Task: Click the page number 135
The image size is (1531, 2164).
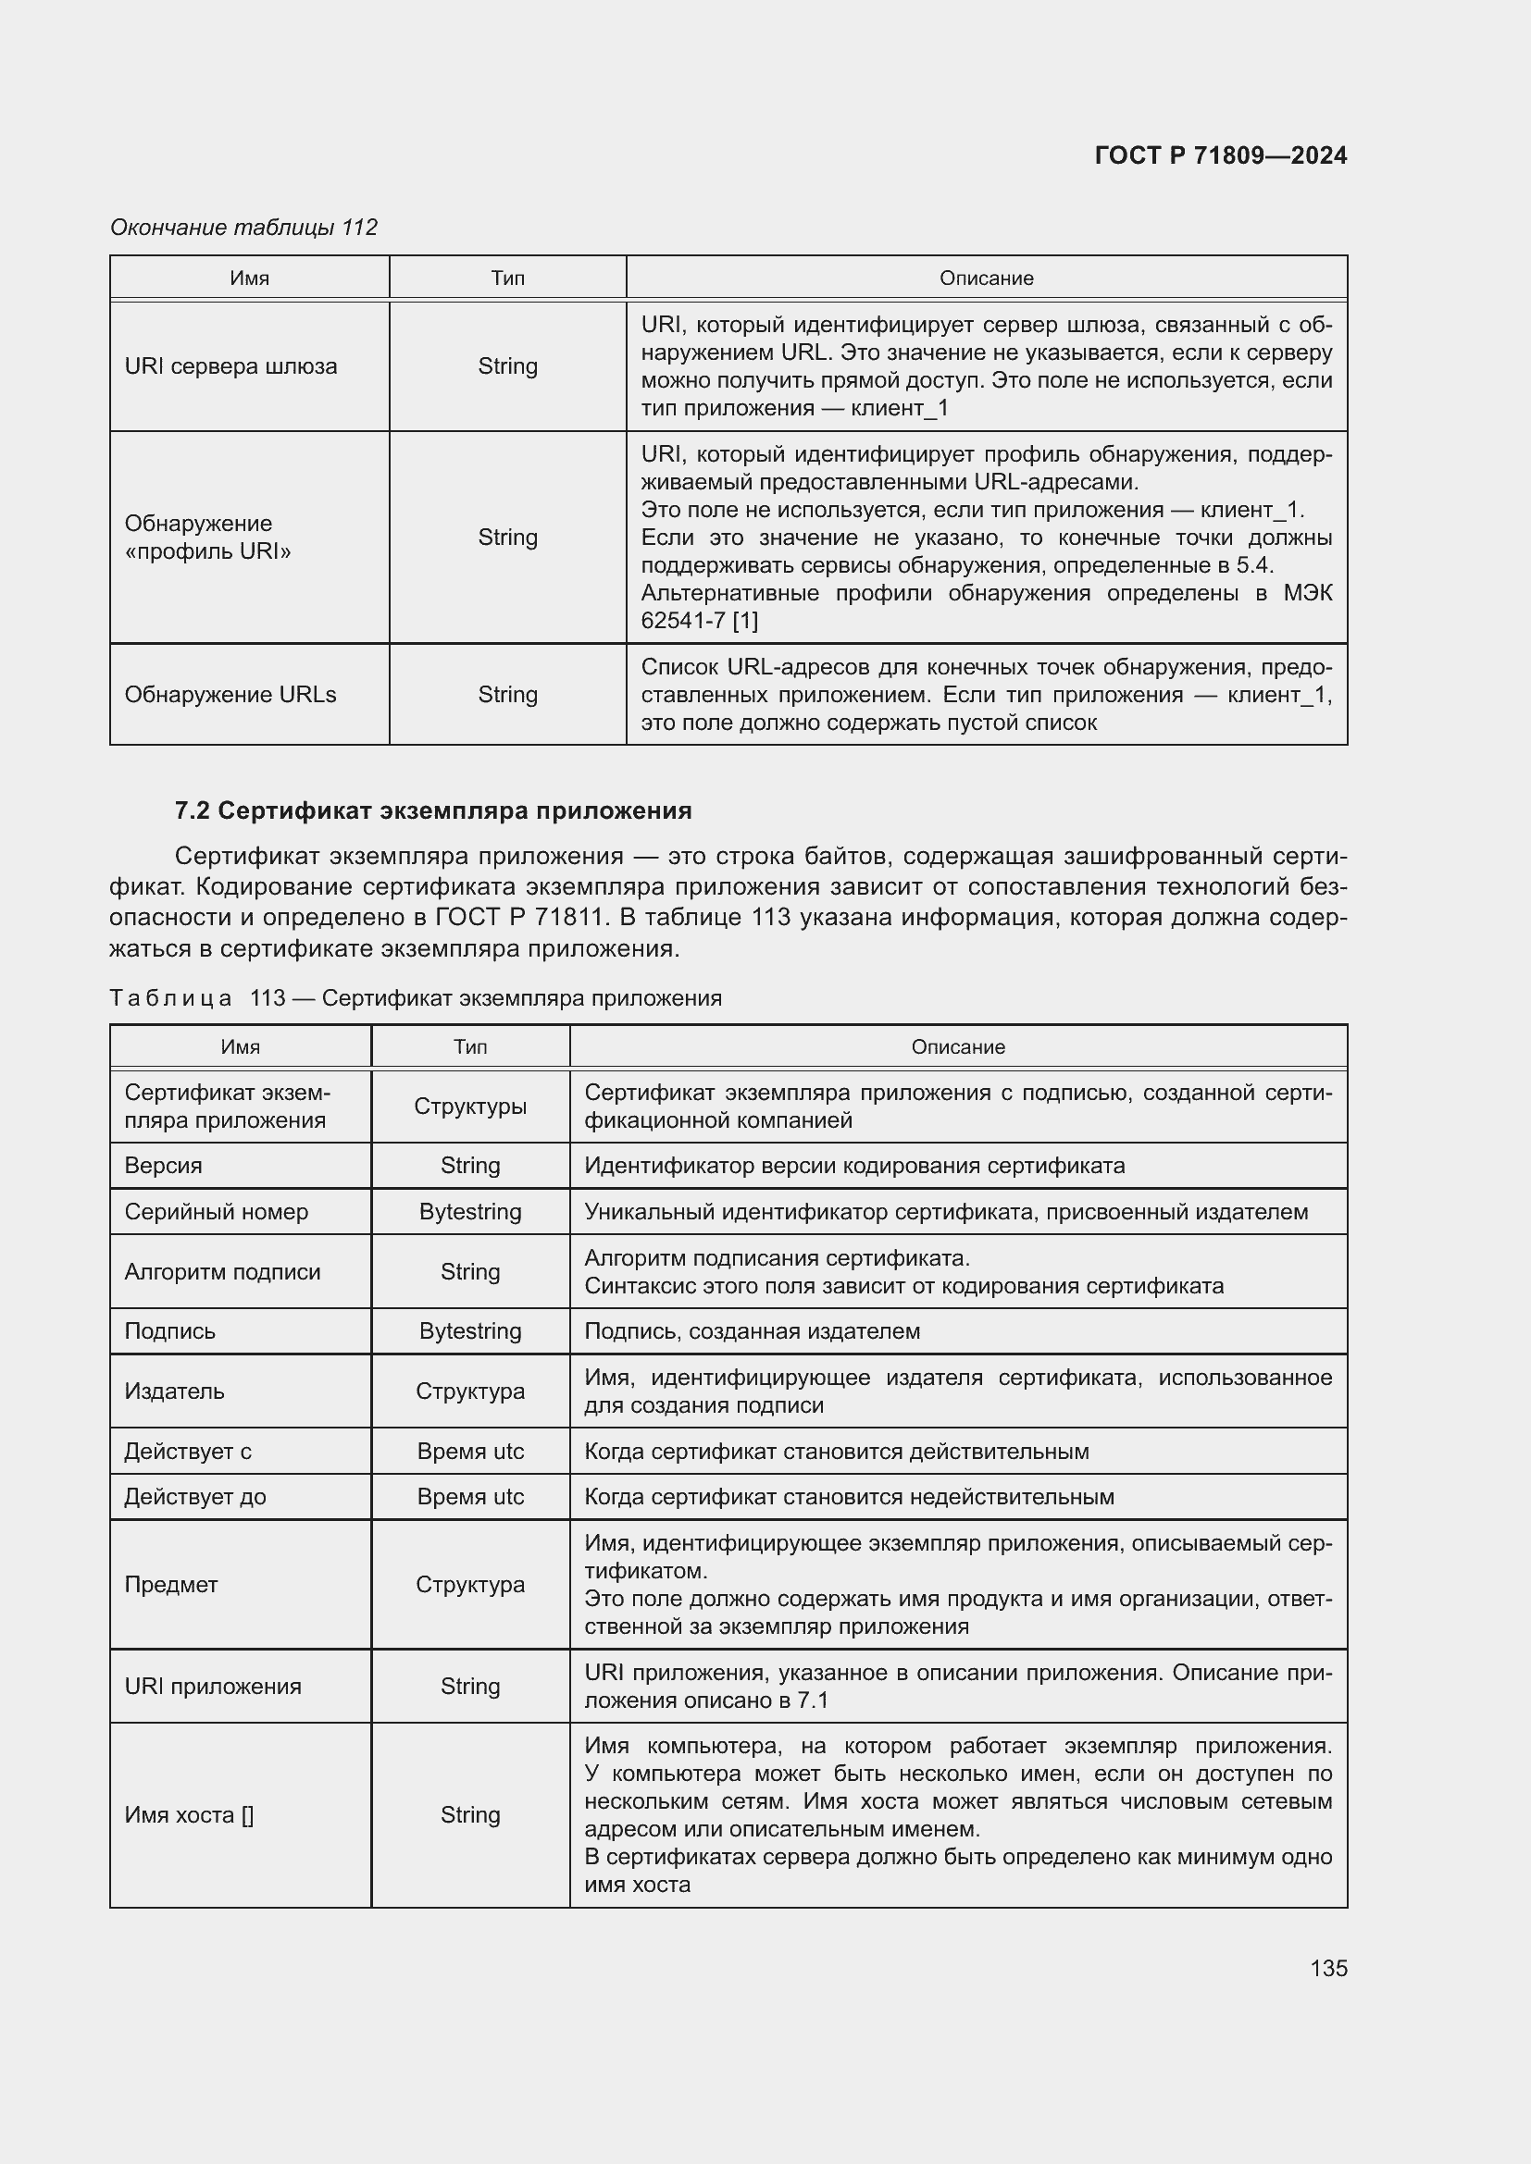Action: pos(1327,1968)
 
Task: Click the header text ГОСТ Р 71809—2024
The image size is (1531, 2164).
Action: pos(1220,155)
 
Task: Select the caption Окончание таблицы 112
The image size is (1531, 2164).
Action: pos(243,228)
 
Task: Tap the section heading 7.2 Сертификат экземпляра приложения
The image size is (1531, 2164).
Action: pos(432,810)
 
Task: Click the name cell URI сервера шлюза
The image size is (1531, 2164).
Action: pos(231,366)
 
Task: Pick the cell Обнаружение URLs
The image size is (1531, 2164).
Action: pos(230,695)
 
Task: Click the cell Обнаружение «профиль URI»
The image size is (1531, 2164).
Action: pos(207,538)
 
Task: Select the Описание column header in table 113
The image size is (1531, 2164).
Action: pos(957,1047)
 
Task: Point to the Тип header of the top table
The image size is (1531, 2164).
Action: pos(507,278)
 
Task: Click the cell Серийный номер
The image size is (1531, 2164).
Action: pos(216,1212)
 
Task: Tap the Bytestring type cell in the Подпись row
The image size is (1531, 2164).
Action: pos(469,1330)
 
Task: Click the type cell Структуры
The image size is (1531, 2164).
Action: pos(469,1107)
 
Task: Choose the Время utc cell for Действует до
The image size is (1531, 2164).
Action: pos(469,1497)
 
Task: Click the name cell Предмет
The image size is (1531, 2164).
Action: pos(170,1584)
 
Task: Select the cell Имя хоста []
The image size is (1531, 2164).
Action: pos(189,1814)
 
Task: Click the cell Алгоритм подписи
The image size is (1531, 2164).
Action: pos(222,1271)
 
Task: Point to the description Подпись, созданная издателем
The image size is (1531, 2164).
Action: pos(752,1330)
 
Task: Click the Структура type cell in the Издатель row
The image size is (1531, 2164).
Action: pos(469,1391)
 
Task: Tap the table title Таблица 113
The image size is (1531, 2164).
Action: pos(415,998)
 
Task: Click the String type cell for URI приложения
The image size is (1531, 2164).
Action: pos(469,1687)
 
